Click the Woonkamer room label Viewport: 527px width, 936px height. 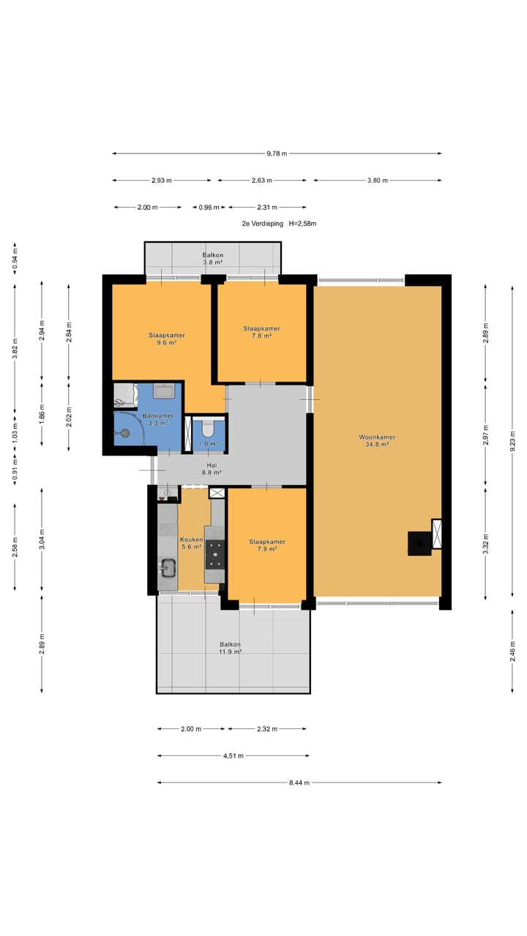(377, 437)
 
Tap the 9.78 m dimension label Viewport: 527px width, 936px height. (277, 154)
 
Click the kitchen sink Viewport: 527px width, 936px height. (168, 567)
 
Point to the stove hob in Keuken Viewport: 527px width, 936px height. (215, 554)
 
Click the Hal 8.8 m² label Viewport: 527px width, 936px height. (212, 469)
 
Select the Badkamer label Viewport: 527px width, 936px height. (158, 416)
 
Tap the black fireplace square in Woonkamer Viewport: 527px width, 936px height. (419, 543)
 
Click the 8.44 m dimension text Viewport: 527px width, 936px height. (299, 782)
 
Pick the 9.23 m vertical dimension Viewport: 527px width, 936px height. (512, 440)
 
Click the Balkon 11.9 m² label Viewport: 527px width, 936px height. (230, 648)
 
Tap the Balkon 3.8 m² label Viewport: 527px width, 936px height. (212, 259)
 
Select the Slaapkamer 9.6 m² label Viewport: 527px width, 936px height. (166, 339)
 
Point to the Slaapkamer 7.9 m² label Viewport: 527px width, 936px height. (267, 546)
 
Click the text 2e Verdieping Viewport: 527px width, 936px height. (263, 224)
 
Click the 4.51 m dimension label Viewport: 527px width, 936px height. (233, 756)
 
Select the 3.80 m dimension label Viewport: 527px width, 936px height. (378, 181)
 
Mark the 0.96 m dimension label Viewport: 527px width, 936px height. (209, 207)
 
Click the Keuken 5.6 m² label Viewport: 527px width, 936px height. (191, 543)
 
